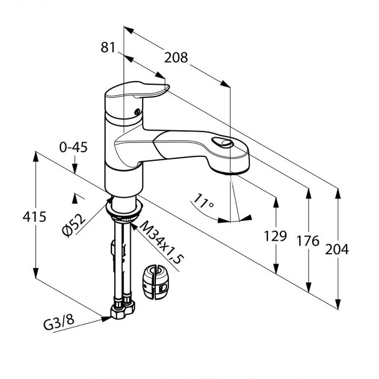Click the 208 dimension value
[x=176, y=58]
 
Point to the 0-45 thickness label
[x=73, y=147]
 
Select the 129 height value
[x=276, y=236]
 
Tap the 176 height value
[x=307, y=241]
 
